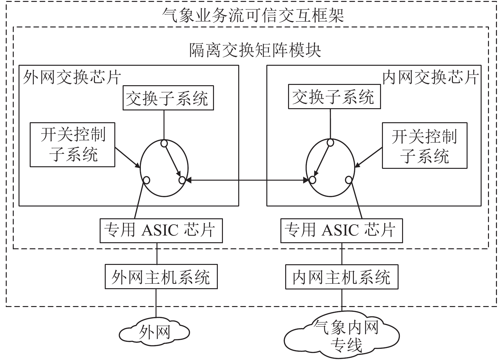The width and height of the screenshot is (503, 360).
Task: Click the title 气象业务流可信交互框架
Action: (253, 15)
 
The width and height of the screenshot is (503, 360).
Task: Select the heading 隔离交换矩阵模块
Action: (255, 50)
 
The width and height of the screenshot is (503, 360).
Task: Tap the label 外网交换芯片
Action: (72, 77)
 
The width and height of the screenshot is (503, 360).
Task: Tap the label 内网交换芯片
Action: (431, 77)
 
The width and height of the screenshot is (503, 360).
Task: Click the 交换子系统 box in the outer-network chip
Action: (168, 98)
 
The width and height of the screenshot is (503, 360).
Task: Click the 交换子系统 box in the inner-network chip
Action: (334, 97)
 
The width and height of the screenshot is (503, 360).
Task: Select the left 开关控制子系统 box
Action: (72, 145)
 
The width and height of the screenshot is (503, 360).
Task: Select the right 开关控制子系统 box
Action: (425, 146)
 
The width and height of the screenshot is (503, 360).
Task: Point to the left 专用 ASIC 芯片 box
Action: (161, 231)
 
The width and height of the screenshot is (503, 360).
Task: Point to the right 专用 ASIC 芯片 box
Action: (341, 231)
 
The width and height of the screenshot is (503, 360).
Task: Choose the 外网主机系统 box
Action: (161, 276)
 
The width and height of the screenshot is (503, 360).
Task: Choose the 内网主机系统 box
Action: (342, 277)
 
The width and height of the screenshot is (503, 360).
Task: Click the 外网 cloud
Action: (155, 332)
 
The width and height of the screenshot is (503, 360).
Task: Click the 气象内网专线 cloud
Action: (341, 335)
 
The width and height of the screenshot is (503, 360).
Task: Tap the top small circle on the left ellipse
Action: (164, 143)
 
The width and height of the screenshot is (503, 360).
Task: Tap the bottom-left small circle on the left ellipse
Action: (146, 180)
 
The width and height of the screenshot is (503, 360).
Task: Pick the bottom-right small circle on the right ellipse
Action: (348, 180)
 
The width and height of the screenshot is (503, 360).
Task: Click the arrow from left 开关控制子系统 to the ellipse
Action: (127, 158)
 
